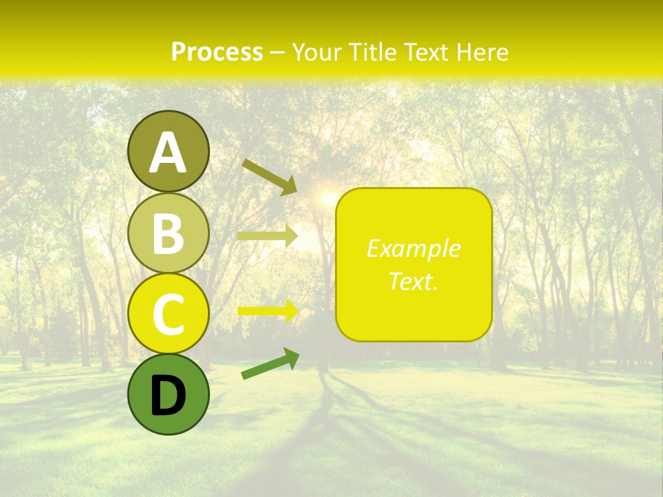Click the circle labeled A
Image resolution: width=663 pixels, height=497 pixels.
169,152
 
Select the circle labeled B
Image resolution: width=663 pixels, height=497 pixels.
169,233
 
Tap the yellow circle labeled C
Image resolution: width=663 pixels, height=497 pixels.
169,313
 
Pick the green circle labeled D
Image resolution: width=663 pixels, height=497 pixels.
169,394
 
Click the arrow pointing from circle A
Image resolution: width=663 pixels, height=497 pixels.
269,177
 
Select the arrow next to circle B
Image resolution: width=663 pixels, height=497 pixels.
267,236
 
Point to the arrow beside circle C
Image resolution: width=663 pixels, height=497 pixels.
268,311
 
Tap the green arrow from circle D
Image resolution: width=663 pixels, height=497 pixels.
270,364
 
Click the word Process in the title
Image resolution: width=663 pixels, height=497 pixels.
217,52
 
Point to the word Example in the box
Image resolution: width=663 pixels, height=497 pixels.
413,248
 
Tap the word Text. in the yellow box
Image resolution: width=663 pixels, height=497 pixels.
413,281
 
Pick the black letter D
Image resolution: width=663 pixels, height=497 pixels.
169,396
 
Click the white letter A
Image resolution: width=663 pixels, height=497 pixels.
169,153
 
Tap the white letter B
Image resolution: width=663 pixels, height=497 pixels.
169,234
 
